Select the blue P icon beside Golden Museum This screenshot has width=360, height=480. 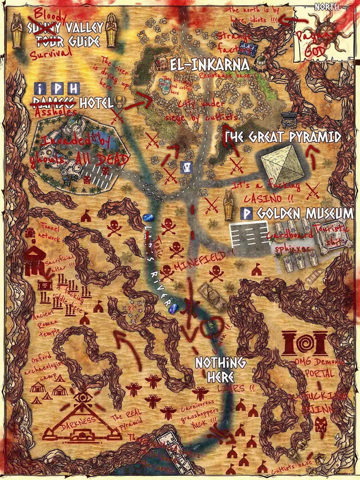coord(247,214)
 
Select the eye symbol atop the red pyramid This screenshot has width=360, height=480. coord(83,398)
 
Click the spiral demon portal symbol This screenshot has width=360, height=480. coord(306,343)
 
